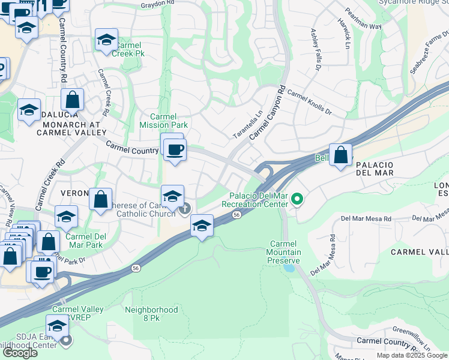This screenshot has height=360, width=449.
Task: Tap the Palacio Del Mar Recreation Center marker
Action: pos(296,199)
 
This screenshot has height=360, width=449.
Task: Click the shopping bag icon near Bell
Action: pos(340,155)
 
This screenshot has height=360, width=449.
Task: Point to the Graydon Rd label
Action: pos(157,5)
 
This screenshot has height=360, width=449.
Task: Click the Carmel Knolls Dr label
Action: pos(309,101)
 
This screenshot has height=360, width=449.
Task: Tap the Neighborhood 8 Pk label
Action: pos(151,314)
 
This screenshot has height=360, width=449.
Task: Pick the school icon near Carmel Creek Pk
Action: pos(106,40)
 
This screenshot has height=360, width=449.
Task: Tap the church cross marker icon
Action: pos(185,209)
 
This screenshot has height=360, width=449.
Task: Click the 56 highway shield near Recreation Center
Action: pos(238,214)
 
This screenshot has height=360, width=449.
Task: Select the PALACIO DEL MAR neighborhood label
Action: pos(374,169)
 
